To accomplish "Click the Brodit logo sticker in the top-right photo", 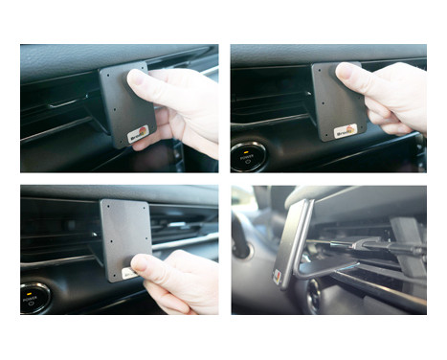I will [345, 129].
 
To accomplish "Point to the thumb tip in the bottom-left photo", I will [141, 262].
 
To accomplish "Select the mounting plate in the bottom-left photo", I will [125, 235].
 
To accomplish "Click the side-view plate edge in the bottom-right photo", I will [291, 244].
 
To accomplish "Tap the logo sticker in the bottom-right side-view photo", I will [279, 276].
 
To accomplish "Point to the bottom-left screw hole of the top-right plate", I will [320, 131].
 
